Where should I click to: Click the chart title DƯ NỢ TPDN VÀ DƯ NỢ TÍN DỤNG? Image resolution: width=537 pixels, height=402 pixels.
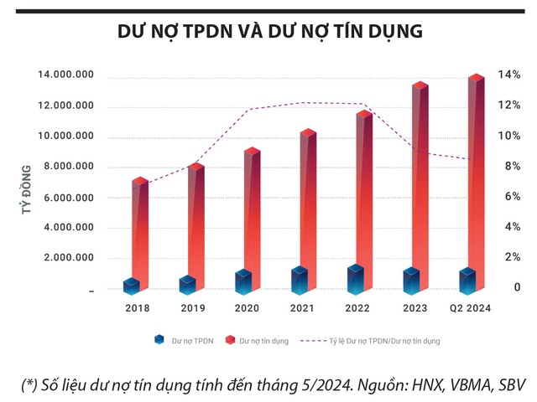[x=269, y=31]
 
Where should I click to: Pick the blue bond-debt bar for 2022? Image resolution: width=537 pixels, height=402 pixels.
[x=356, y=280]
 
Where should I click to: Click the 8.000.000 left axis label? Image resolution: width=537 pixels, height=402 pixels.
[x=68, y=167]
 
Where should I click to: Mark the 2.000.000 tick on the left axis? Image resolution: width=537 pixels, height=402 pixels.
[x=68, y=258]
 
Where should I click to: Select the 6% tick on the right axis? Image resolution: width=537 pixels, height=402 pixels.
[x=508, y=197]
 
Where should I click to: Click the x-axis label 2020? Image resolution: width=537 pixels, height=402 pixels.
[x=247, y=309]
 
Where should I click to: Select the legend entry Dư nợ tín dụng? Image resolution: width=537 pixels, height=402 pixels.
[x=260, y=341]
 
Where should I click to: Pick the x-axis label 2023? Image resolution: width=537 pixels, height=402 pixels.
[x=414, y=309]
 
